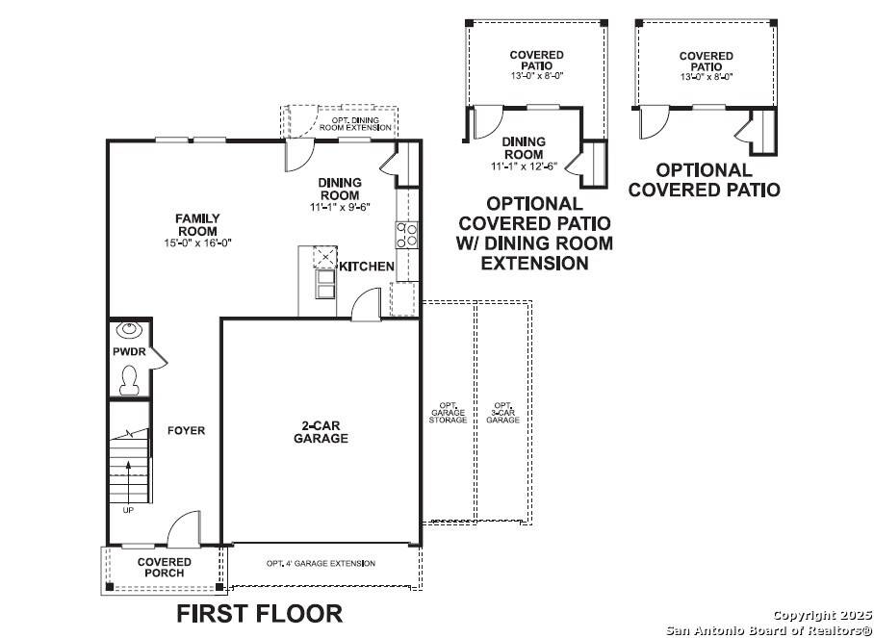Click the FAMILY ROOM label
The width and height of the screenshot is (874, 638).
click(196, 224)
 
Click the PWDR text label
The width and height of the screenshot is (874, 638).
click(128, 352)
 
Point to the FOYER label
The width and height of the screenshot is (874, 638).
click(186, 431)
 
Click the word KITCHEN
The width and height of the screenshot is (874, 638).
click(366, 266)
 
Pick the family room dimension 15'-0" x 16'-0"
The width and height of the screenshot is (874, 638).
click(196, 243)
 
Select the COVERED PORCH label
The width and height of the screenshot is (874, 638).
click(164, 568)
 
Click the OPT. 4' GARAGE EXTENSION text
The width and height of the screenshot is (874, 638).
click(321, 563)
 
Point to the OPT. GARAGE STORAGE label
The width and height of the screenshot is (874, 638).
click(448, 413)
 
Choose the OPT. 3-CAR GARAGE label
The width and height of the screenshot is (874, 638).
click(501, 413)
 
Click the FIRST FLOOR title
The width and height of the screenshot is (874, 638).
click(259, 613)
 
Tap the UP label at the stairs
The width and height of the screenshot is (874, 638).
click(128, 510)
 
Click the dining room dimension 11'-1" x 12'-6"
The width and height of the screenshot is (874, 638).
click(524, 166)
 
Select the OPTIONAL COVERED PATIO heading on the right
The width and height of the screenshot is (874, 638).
click(704, 180)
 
